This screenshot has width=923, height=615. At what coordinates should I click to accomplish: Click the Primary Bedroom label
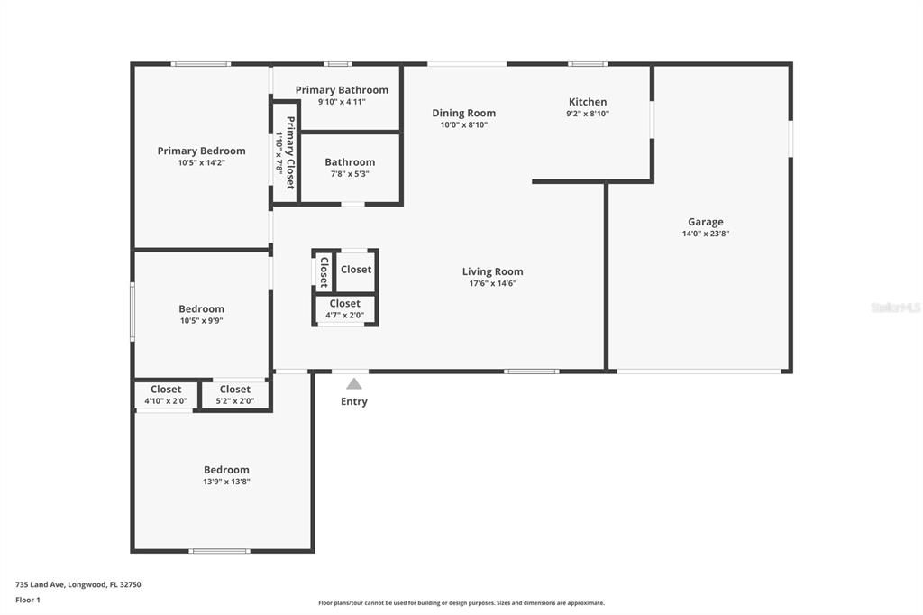pos(201,151)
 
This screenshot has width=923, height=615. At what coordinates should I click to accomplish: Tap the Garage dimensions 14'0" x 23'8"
pos(705,234)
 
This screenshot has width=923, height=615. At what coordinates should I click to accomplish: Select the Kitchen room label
pos(587,102)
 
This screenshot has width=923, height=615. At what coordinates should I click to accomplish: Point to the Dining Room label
pos(463,113)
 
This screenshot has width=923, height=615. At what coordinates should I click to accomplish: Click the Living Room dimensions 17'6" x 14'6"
pos(492,283)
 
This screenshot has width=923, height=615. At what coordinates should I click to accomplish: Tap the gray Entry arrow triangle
pos(354,383)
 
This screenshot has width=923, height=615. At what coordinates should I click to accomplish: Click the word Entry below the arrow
pos(354,401)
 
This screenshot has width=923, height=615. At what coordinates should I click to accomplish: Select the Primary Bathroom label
pos(342,89)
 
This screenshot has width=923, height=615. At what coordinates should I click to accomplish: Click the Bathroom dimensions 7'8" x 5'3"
pos(350,174)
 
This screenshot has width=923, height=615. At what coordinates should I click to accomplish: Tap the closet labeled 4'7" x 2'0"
pos(345,315)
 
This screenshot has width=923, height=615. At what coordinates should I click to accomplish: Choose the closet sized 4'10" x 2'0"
pos(166,401)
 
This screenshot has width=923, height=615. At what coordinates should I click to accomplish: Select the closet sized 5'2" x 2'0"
pos(235,401)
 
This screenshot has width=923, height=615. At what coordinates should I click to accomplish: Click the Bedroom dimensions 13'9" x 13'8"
pos(226,482)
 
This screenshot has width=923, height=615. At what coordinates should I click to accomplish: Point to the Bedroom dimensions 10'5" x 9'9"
pos(201,320)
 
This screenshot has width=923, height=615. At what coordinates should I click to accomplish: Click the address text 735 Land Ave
pos(78,584)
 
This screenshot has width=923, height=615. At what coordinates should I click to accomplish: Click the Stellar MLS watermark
pos(895,307)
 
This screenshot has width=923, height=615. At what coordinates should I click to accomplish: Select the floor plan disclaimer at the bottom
pos(461,603)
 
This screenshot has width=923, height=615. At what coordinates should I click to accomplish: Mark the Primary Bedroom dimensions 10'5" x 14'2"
pos(201,163)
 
